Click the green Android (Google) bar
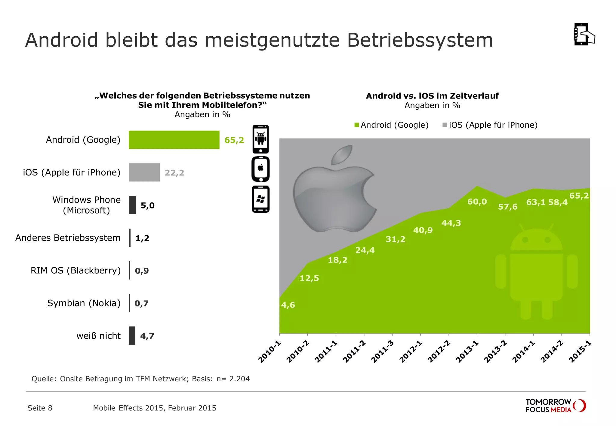click(x=174, y=140)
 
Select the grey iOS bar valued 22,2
click(x=144, y=172)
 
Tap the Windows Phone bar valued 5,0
click(x=132, y=205)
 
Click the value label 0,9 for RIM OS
click(x=142, y=271)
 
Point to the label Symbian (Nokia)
click(x=84, y=303)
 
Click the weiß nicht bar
click(x=132, y=336)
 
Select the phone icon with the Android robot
click(x=260, y=139)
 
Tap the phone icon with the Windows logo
click(x=260, y=199)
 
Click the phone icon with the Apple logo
click(x=260, y=169)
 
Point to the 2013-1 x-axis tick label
click(x=467, y=352)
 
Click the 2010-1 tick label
click(x=269, y=352)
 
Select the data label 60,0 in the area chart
click(x=477, y=202)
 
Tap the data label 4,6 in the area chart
click(x=288, y=305)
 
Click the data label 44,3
click(x=451, y=223)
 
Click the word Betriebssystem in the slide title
click(x=420, y=40)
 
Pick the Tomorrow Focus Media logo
click(x=555, y=406)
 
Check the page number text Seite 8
click(x=40, y=408)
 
